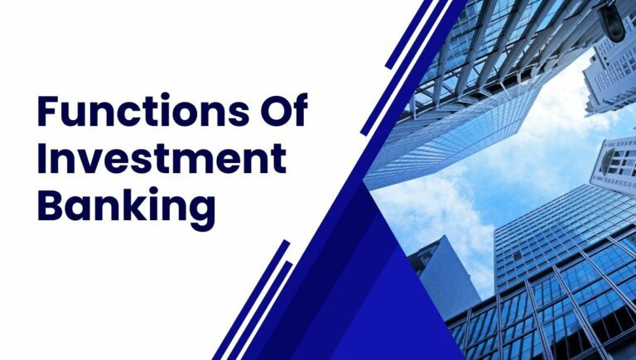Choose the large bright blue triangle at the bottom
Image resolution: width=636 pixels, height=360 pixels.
point(364,306)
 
